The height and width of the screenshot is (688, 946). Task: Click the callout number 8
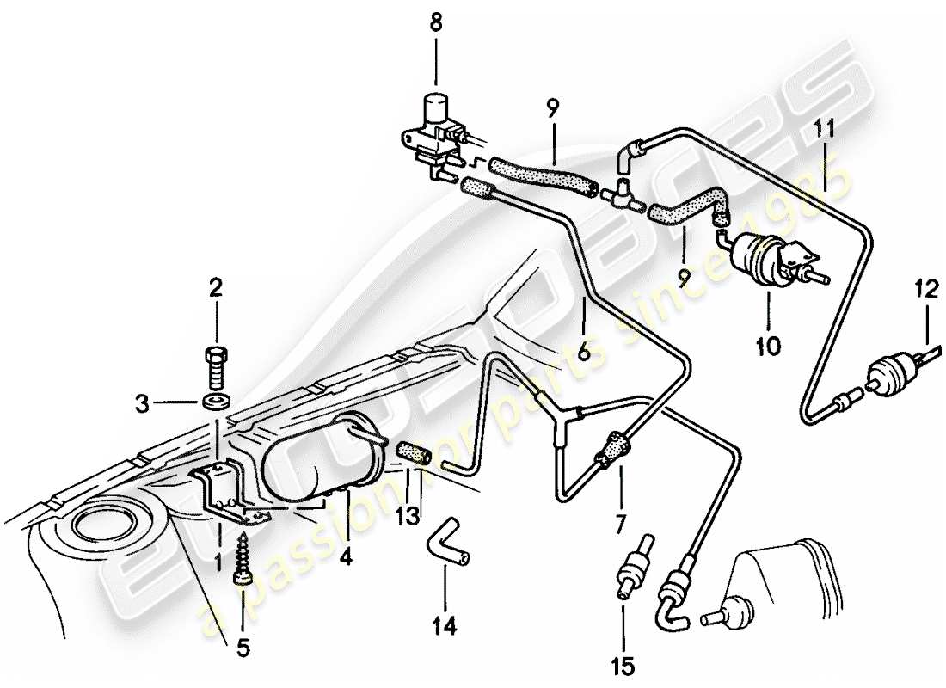(x=436, y=22)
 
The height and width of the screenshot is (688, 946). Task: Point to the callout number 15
(x=623, y=665)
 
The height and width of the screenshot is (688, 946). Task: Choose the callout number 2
(x=216, y=286)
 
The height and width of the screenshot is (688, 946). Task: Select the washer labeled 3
(x=216, y=401)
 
